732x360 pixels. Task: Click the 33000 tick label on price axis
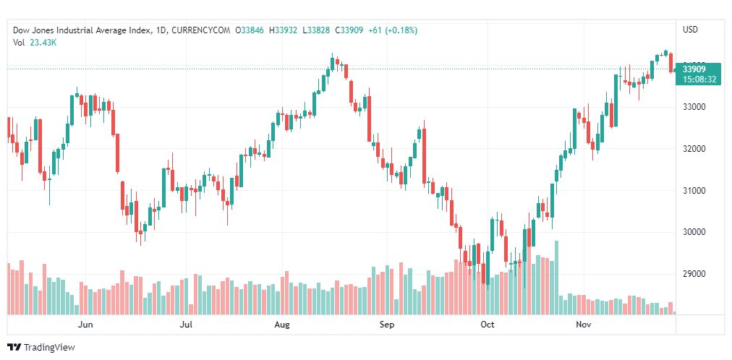pos(694,107)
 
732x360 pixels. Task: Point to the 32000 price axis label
pos(694,149)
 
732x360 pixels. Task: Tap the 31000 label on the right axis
pos(694,190)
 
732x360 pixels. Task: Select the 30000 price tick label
pos(694,232)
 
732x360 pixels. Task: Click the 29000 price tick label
pos(694,274)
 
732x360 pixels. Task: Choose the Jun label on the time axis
pos(85,325)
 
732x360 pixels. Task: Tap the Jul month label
pos(186,325)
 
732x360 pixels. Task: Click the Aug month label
pos(282,325)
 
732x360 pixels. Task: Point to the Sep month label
pos(387,325)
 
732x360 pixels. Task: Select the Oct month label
pos(488,325)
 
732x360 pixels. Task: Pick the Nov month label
pos(584,325)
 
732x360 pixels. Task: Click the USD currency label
pos(691,30)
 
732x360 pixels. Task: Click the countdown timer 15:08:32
pos(699,79)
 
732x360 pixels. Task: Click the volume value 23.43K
pos(43,43)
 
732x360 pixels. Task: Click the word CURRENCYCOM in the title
pos(202,30)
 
